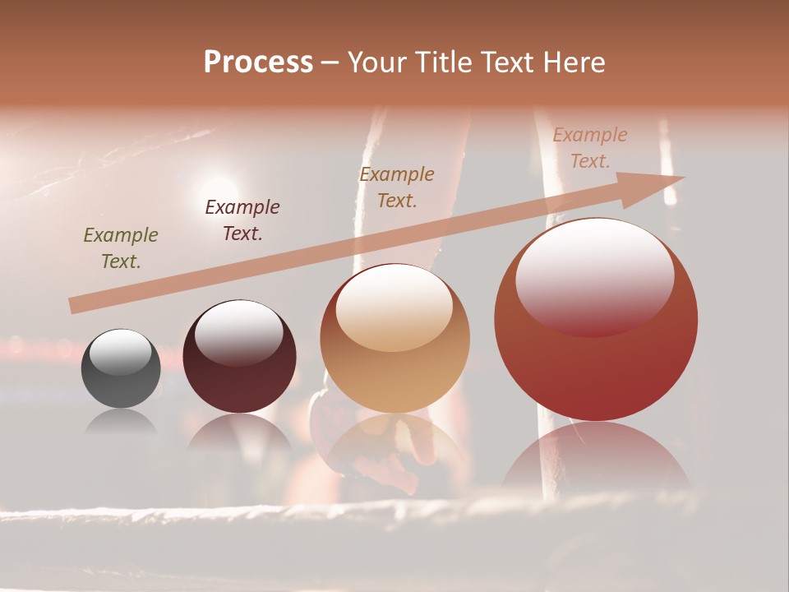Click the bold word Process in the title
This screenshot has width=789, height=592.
pyautogui.click(x=258, y=62)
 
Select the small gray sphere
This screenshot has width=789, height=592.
pyautogui.click(x=121, y=368)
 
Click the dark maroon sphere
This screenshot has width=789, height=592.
pyautogui.click(x=239, y=357)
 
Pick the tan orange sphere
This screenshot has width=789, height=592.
pyautogui.click(x=394, y=339)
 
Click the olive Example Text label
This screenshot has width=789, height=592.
pyautogui.click(x=121, y=248)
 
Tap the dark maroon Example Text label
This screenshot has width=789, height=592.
pyautogui.click(x=242, y=220)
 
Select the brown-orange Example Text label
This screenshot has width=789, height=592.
pyautogui.click(x=397, y=187)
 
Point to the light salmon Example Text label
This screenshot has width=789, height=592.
pyautogui.click(x=589, y=148)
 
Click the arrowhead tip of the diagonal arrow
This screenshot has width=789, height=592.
pyautogui.click(x=682, y=178)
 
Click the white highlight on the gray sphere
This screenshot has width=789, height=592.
pyautogui.click(x=121, y=351)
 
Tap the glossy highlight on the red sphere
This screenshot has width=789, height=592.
pyautogui.click(x=595, y=278)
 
